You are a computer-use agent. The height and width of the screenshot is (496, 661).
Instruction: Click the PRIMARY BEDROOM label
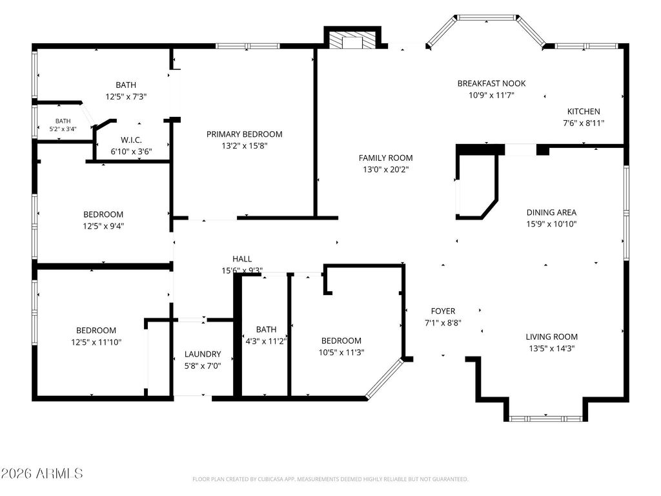(244, 134)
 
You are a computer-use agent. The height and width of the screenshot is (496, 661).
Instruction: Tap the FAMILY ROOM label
(386, 158)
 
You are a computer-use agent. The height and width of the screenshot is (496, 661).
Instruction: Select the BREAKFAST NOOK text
(491, 83)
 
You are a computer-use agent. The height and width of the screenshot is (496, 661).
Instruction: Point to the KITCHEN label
(584, 111)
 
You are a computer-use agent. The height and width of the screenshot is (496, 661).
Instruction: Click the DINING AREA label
(551, 212)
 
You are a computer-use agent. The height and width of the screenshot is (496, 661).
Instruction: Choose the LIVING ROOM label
(551, 336)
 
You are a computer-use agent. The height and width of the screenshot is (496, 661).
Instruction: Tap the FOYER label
(443, 311)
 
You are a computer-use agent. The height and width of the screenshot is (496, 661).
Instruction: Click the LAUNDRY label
(203, 355)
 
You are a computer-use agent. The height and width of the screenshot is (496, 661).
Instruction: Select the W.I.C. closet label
(132, 140)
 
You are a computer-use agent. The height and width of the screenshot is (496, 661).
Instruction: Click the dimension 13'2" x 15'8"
(245, 146)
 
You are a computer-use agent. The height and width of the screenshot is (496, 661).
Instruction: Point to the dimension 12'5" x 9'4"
(103, 226)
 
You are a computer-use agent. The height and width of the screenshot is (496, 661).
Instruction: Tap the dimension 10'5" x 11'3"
(341, 352)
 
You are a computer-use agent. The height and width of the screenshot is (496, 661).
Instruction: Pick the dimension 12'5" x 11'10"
(96, 342)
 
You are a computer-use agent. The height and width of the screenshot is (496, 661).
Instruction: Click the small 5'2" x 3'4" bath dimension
(63, 129)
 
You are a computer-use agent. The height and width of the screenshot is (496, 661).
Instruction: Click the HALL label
(242, 259)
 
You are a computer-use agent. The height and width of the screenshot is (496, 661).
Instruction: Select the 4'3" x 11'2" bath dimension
(266, 341)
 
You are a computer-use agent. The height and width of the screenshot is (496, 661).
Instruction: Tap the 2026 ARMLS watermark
(41, 473)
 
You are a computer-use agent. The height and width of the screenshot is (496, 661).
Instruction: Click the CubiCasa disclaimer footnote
(330, 479)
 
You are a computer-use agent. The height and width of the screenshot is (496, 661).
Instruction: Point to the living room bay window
(546, 418)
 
